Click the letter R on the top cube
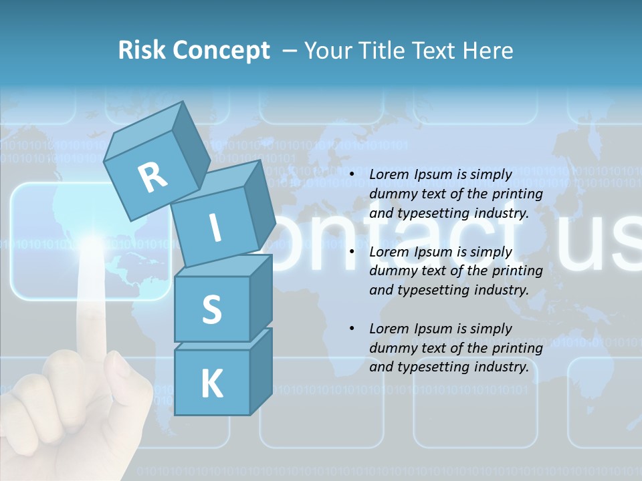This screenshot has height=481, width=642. [x=152, y=176]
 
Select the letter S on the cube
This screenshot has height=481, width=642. [x=211, y=309]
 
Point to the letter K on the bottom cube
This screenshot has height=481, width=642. [x=211, y=384]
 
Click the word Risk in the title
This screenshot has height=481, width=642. [x=142, y=51]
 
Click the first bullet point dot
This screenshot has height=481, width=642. [x=352, y=175]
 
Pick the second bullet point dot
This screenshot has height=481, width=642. [x=352, y=253]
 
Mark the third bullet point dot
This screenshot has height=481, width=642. [x=352, y=329]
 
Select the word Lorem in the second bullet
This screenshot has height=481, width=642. [x=389, y=252]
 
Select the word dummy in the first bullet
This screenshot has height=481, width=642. [x=392, y=194]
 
